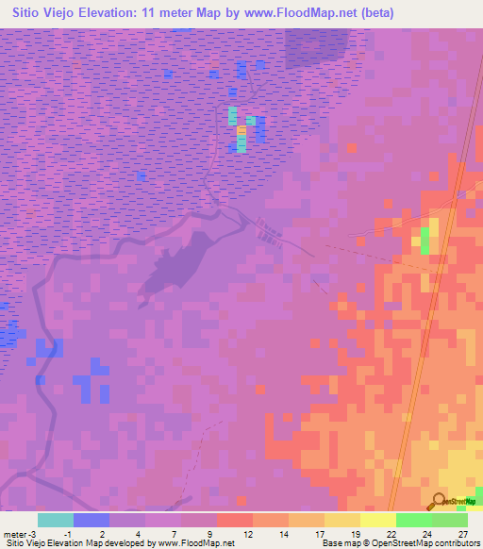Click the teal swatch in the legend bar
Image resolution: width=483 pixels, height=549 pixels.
(56, 520)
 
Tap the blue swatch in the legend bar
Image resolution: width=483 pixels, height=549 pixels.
(92, 520)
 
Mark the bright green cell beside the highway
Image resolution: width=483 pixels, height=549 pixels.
(425, 241)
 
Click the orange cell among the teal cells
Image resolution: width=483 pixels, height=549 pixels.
(241, 130)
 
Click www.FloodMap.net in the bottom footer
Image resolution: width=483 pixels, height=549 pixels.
(197, 543)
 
